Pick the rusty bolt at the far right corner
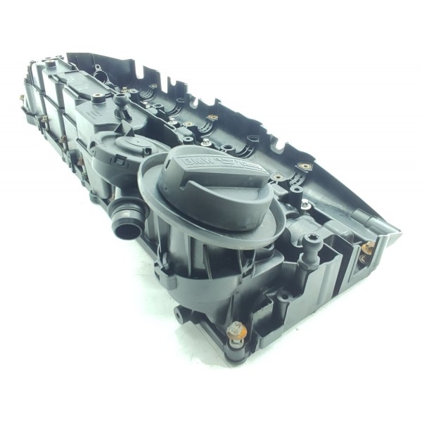point(369,247)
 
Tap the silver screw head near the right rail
point(305,167)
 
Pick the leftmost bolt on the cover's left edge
point(23,98)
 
